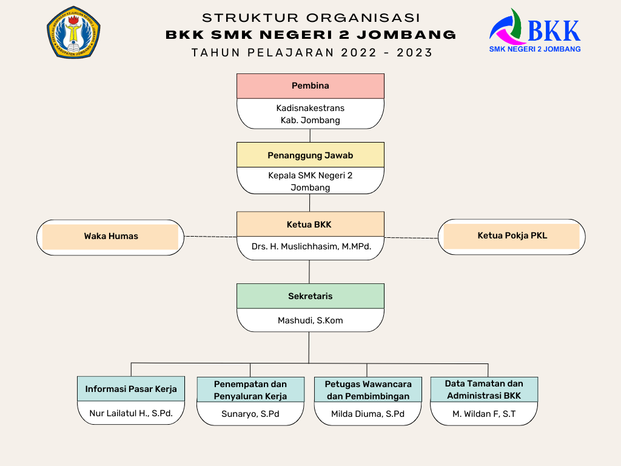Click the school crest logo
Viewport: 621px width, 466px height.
click(73, 32)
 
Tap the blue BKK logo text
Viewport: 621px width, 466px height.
click(553, 30)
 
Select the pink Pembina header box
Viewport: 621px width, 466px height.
click(310, 86)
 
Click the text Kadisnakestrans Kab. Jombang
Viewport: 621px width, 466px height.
click(310, 114)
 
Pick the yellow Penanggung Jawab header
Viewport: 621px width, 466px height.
click(310, 155)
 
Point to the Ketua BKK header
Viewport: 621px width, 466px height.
click(310, 225)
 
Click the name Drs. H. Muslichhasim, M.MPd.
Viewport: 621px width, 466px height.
click(310, 247)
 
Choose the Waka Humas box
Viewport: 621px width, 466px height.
click(111, 237)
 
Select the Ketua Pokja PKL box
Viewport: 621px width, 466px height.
click(512, 236)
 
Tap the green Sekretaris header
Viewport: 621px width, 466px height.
click(310, 296)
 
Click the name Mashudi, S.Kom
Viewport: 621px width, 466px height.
click(310, 320)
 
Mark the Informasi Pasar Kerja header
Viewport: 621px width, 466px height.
click(131, 389)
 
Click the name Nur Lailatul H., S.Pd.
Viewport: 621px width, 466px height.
click(131, 414)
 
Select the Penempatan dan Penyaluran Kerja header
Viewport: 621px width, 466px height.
click(250, 390)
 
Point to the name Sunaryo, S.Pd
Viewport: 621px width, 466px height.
click(250, 414)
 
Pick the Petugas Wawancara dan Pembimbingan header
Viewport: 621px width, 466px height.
click(368, 390)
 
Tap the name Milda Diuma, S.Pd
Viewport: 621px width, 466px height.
click(368, 414)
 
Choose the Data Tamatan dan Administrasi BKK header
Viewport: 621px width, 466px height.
click(484, 390)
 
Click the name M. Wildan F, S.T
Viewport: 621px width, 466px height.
click(484, 414)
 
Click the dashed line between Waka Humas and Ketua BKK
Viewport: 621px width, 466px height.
click(210, 237)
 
